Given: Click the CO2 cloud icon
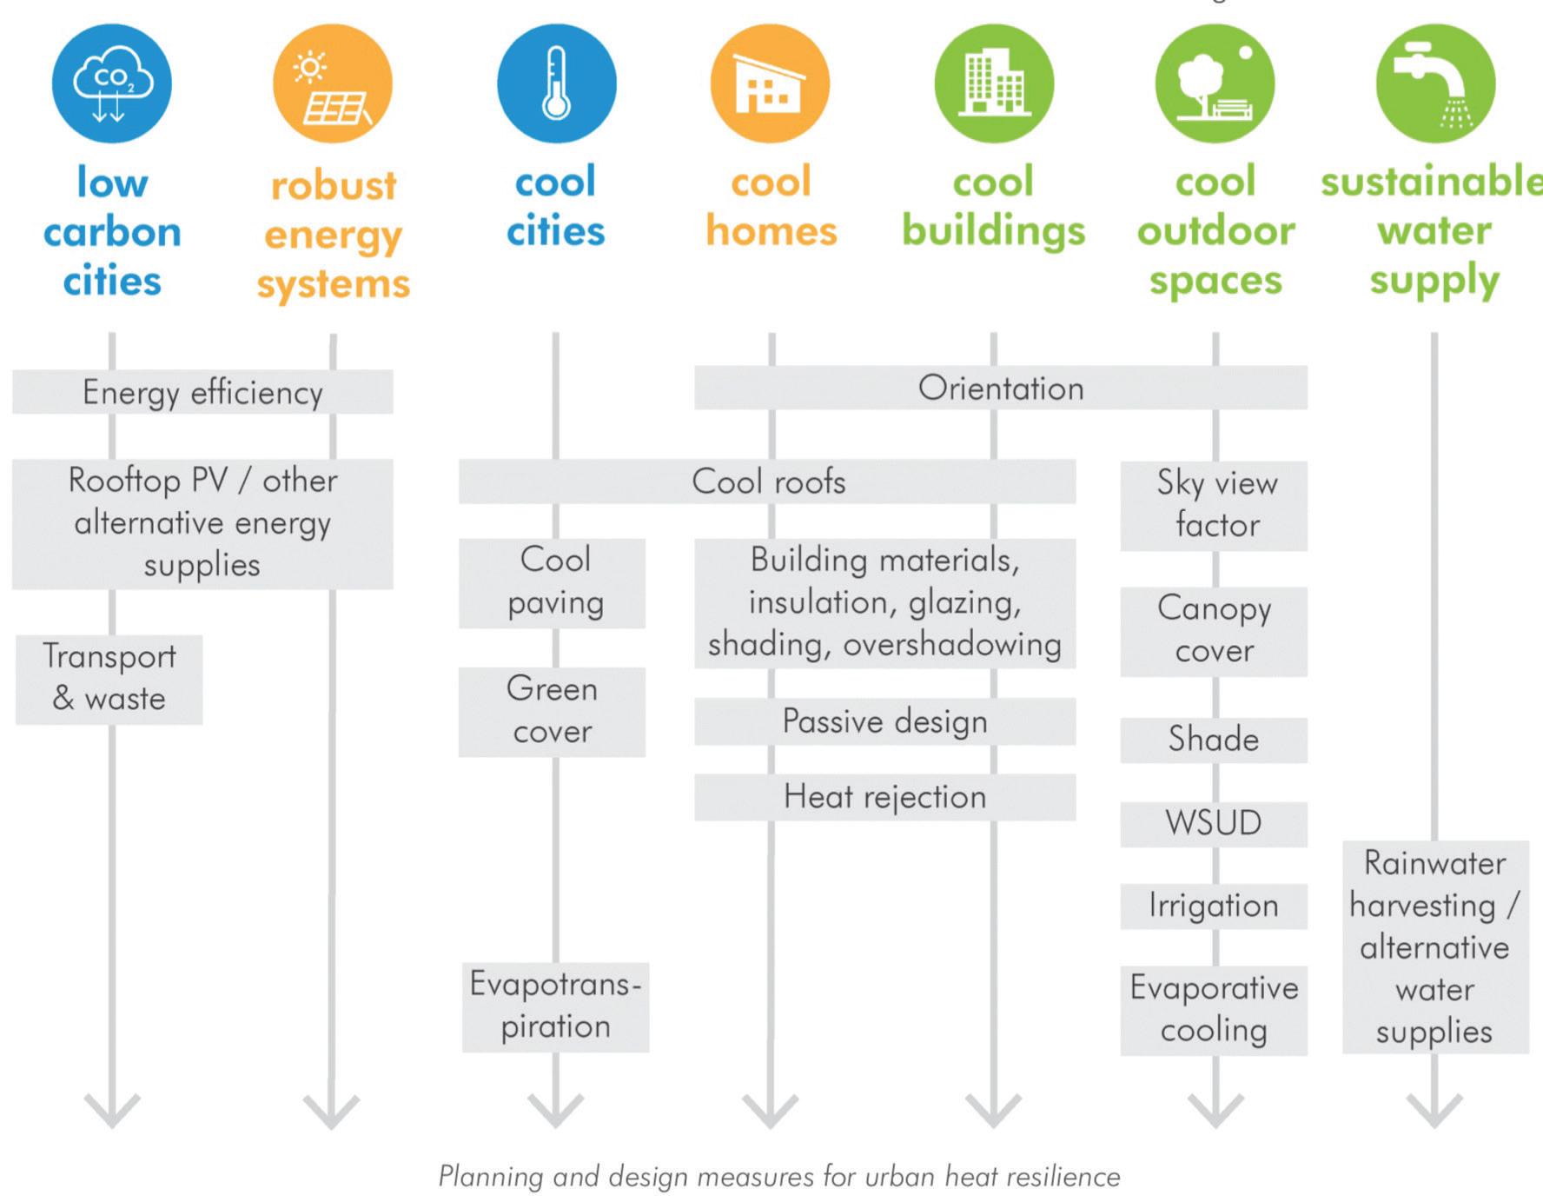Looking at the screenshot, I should click(111, 83).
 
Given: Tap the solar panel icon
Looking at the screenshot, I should click(333, 83).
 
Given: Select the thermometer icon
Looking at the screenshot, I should click(556, 83).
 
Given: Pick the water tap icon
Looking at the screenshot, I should click(1435, 83).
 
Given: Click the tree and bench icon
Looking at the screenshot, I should click(1215, 83).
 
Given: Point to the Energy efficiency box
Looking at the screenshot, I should click(202, 392).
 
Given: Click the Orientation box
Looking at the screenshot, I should click(1001, 388).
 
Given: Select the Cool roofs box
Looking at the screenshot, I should click(767, 481).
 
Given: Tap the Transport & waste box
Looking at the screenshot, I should click(109, 679).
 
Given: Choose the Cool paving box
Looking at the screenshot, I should click(553, 582).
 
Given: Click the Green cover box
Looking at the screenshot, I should click(553, 711).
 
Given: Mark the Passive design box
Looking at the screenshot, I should click(884, 721).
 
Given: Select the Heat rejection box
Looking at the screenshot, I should click(884, 797).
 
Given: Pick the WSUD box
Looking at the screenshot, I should click(1214, 823).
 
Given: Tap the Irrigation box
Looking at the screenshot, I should click(1214, 906).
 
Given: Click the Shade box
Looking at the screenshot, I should click(1214, 740).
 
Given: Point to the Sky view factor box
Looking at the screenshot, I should click(1214, 505).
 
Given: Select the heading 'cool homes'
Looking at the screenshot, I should click(771, 207).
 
